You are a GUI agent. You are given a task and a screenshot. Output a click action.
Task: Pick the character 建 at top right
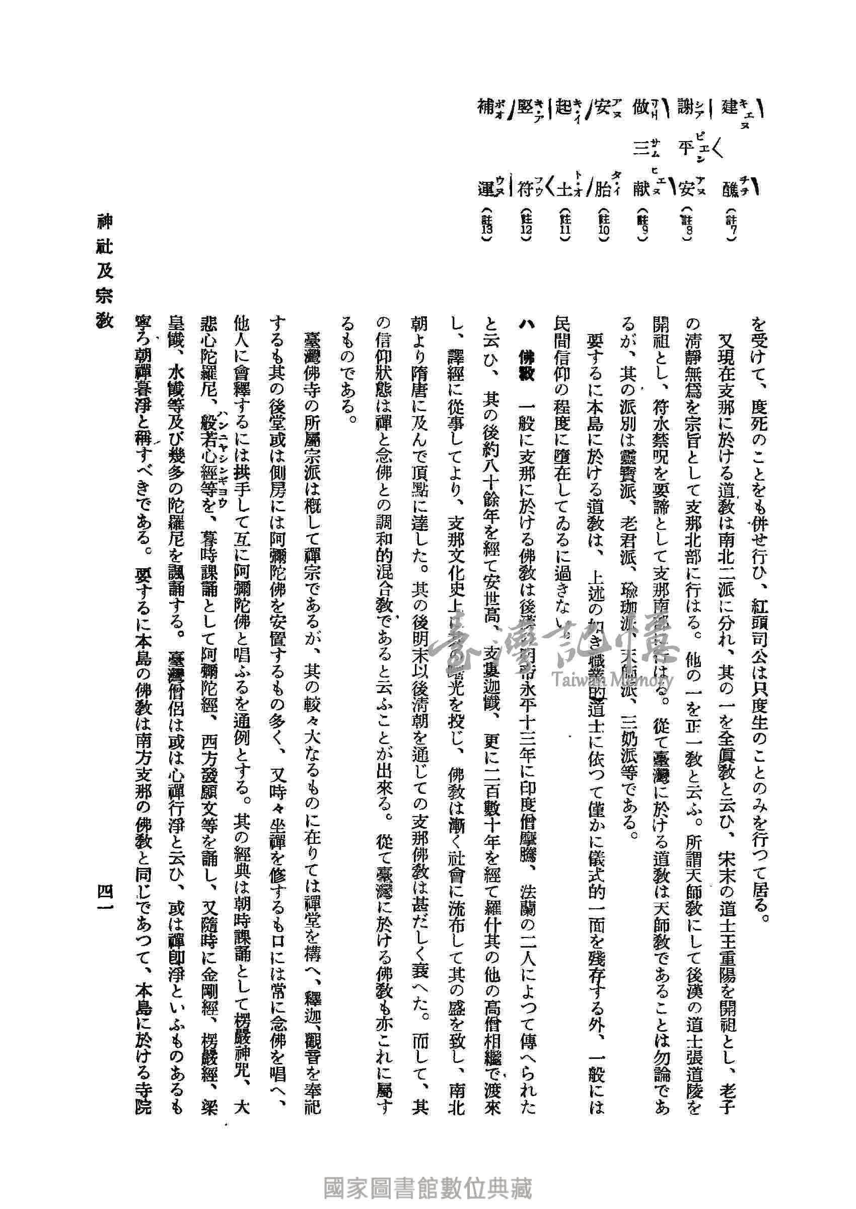(x=731, y=109)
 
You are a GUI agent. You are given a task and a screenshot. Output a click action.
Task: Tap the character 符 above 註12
(x=525, y=189)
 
